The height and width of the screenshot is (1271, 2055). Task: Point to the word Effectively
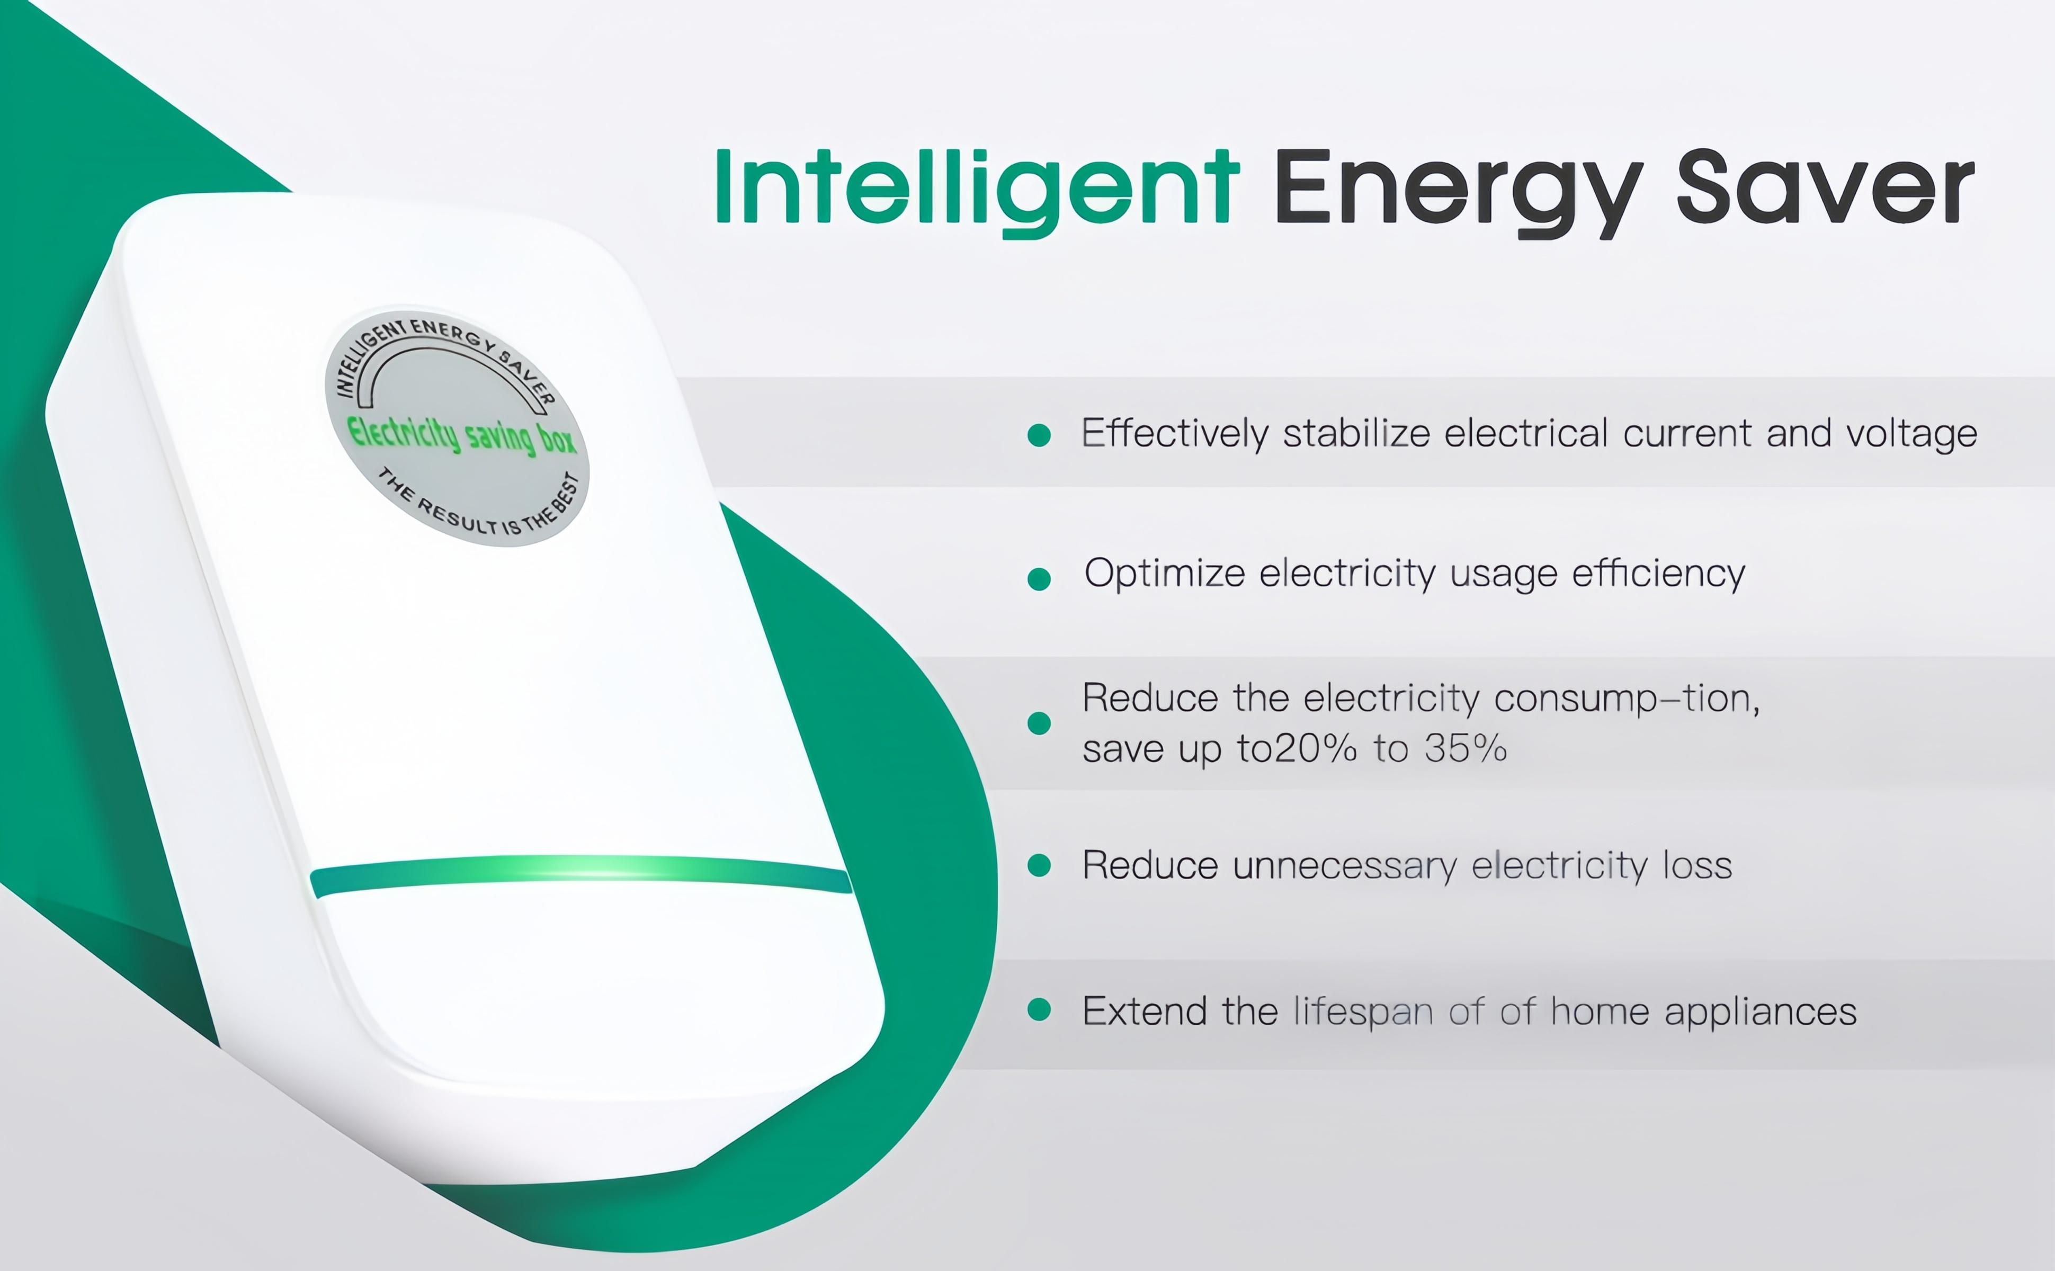click(1174, 434)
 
